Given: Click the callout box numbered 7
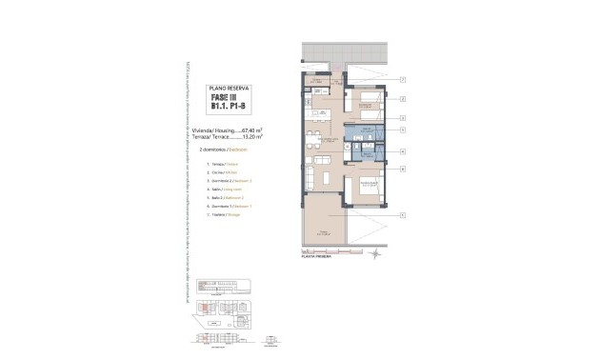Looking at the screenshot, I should click(404, 78).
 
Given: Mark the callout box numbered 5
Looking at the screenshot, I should click(404, 130).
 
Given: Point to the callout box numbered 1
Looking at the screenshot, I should click(404, 215).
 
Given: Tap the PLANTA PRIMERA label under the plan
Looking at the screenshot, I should click(316, 257).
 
